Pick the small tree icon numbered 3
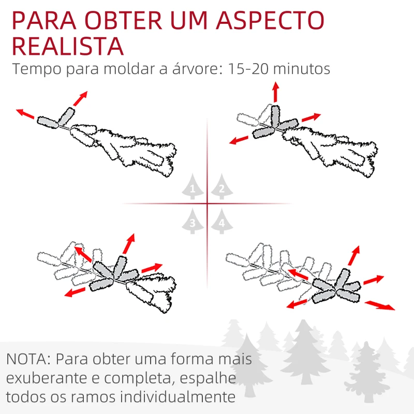pyautogui.click(x=193, y=221)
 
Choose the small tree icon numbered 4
pyautogui.click(x=221, y=221)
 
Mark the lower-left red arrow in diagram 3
pyautogui.click(x=76, y=292)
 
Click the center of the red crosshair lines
pyautogui.click(x=207, y=203)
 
